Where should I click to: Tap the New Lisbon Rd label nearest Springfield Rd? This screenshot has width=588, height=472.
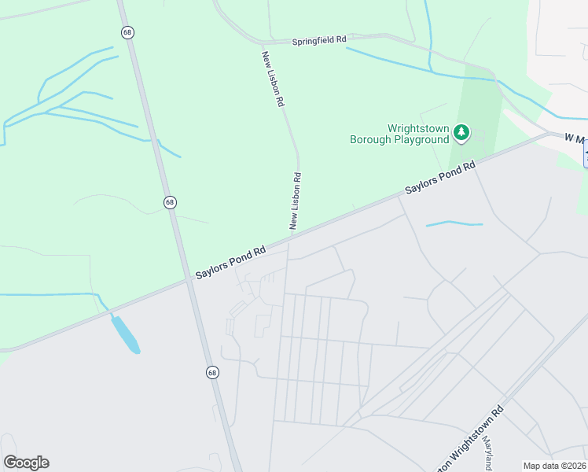click(x=273, y=79)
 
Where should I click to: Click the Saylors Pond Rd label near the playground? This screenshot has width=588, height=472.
click(x=441, y=179)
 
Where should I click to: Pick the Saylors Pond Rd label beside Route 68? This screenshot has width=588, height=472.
click(x=231, y=260)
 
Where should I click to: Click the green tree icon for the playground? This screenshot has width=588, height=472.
click(x=461, y=134)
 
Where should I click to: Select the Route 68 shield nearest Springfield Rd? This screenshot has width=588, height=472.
click(x=127, y=32)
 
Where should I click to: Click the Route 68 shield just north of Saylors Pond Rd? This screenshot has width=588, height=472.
click(x=171, y=202)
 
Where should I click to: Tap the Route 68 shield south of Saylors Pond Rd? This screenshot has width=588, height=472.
click(x=213, y=372)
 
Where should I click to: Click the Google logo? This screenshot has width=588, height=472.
click(x=26, y=463)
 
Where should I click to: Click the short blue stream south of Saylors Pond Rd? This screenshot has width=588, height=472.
click(x=454, y=224)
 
